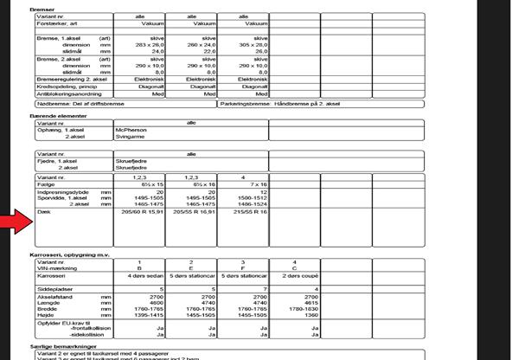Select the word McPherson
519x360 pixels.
[131, 130]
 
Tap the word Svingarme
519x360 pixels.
[131, 137]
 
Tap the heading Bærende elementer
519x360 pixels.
[59, 114]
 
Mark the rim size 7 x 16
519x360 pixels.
[251, 184]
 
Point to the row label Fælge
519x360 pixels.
[42, 184]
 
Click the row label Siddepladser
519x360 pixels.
[52, 289]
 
